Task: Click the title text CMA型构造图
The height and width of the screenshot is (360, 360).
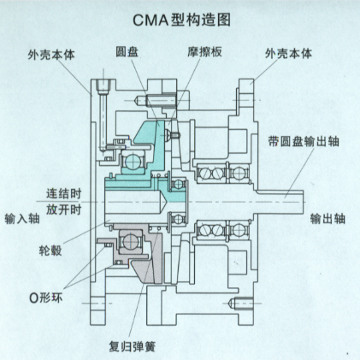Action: click(182, 20)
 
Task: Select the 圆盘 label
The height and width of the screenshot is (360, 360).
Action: click(127, 52)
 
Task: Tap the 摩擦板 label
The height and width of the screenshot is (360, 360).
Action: click(204, 52)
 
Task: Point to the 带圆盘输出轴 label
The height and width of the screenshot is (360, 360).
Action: click(304, 141)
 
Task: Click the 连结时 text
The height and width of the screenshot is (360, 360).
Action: click(64, 193)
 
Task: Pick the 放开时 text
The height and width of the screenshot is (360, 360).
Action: click(64, 210)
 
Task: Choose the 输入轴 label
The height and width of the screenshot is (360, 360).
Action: click(22, 219)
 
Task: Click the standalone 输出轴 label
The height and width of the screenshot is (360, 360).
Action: click(328, 219)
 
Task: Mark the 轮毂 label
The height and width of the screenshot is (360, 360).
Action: click(50, 251)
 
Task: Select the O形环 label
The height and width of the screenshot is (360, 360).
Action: click(46, 298)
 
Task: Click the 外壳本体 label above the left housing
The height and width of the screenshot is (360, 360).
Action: click(51, 54)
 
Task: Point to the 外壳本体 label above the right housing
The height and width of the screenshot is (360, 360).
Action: click(289, 53)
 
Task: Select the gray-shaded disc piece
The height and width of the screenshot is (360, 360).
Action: click(154, 257)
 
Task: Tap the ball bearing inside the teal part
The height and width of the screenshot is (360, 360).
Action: click(133, 162)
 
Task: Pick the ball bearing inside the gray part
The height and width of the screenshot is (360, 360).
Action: click(131, 242)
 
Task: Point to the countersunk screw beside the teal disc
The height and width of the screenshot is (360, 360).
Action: click(171, 134)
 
